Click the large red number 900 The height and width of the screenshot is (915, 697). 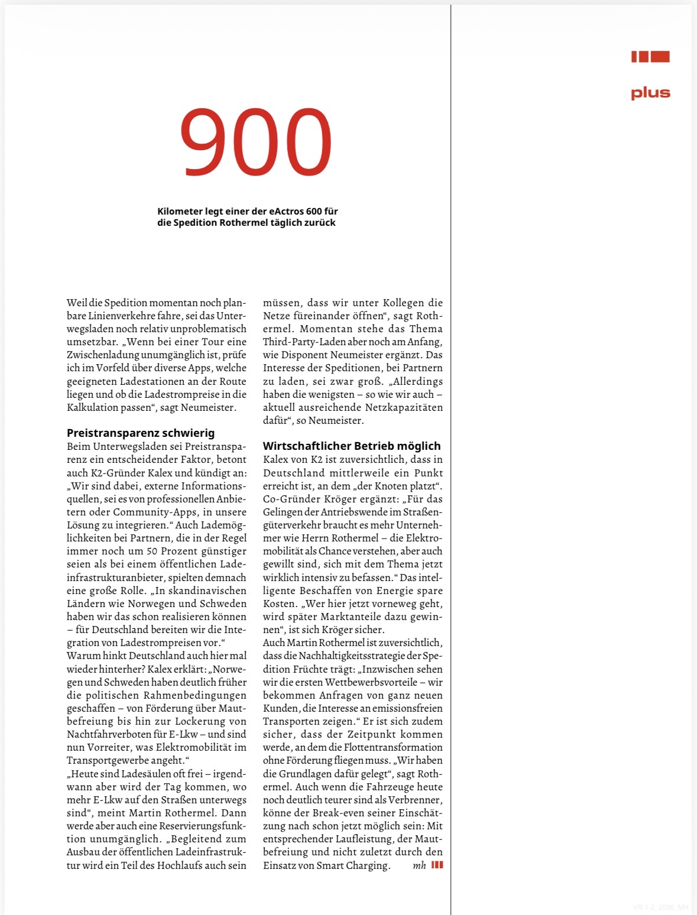255,142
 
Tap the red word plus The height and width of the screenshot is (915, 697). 650,93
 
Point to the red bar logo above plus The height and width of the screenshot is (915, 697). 650,57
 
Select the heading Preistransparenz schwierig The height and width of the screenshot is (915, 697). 141,433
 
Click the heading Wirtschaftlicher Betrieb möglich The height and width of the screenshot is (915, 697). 352,446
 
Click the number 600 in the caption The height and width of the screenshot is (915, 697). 314,211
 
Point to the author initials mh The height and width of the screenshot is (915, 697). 419,865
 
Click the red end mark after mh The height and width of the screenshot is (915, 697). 437,865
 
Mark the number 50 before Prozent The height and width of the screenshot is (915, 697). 152,551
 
